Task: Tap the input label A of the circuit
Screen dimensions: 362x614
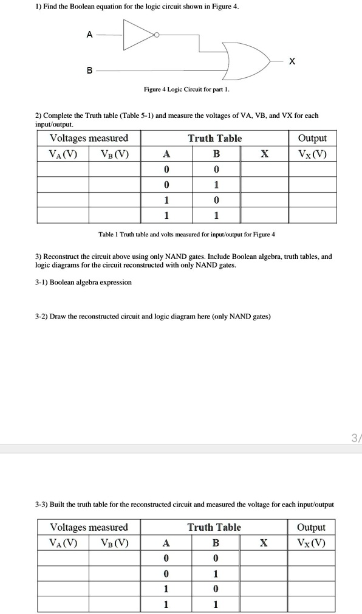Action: point(89,35)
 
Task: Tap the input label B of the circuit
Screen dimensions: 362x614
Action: point(89,71)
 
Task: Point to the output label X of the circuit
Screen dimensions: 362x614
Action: point(292,61)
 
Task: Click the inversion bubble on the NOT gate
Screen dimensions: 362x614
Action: point(157,35)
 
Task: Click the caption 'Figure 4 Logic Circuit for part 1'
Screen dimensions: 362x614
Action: point(186,89)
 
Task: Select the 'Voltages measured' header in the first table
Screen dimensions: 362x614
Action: point(89,138)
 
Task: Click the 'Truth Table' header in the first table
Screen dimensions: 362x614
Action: point(214,138)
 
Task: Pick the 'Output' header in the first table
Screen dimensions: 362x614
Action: point(312,138)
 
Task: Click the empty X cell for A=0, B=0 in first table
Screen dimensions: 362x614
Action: point(264,169)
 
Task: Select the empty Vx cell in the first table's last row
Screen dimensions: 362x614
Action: point(312,215)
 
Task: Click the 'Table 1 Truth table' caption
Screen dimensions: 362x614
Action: point(186,234)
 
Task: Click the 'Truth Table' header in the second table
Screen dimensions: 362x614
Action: point(214,527)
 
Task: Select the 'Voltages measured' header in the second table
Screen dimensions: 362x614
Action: point(89,527)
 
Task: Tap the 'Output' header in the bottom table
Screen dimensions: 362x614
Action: point(311,527)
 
